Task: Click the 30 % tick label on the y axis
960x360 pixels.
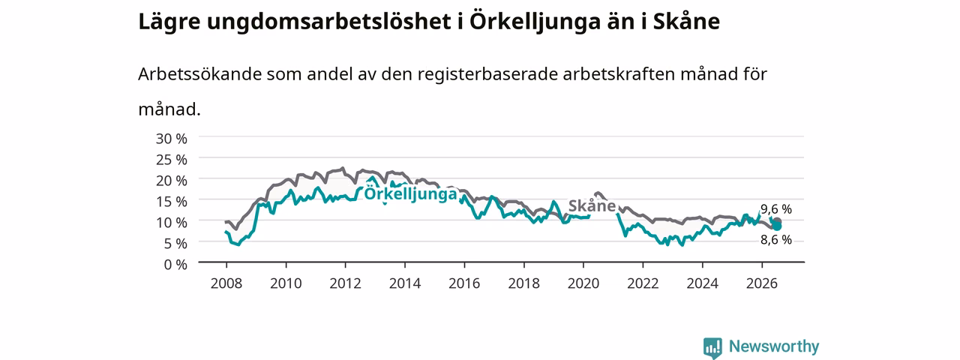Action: [172, 139]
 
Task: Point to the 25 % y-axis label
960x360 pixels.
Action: [172, 160]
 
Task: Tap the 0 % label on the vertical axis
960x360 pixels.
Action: [175, 265]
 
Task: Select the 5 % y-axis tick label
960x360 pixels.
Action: [175, 244]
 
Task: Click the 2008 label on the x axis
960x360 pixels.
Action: [226, 283]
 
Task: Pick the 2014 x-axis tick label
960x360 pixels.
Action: [405, 283]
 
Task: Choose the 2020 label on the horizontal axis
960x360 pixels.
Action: [583, 283]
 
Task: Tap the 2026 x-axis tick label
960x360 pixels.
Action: [762, 283]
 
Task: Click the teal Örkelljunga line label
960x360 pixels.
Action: [410, 194]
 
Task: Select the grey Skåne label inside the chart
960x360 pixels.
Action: [592, 205]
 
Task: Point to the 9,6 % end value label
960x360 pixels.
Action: [776, 209]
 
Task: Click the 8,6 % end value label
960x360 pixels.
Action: [776, 240]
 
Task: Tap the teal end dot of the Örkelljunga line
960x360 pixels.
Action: [777, 226]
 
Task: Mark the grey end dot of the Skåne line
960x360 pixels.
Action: [777, 221]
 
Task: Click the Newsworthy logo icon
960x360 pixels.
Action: [712, 347]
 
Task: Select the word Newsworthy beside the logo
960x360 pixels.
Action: [774, 346]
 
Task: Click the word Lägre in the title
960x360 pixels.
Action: [169, 22]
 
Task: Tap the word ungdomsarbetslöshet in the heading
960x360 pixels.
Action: [329, 22]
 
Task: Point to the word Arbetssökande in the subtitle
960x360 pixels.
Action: [199, 74]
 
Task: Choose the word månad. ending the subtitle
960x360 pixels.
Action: [169, 109]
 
